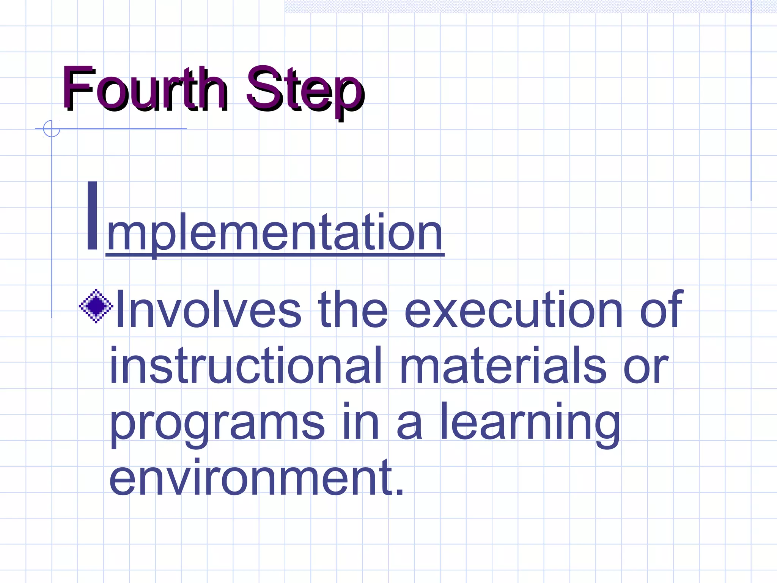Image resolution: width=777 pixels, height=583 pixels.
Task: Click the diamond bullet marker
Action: coord(96,306)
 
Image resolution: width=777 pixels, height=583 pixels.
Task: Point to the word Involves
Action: coord(208,309)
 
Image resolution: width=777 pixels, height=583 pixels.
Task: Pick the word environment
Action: coord(250,477)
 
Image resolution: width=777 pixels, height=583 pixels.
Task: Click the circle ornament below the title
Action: coord(52,129)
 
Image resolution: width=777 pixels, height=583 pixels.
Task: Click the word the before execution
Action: coord(353,309)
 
